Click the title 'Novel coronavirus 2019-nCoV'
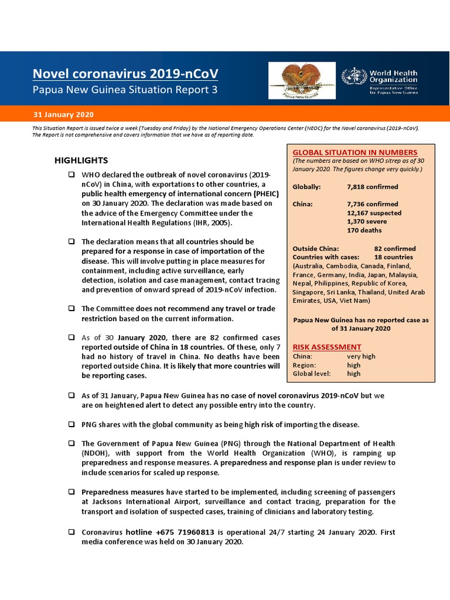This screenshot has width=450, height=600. (126, 74)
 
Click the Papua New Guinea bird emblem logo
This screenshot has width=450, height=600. (299, 81)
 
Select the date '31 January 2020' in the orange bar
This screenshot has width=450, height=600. (63, 114)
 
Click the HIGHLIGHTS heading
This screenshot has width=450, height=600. (81, 160)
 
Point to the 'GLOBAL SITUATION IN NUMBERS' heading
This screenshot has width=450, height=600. (355, 152)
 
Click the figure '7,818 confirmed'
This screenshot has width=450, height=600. (373, 187)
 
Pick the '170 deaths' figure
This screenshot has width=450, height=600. (365, 230)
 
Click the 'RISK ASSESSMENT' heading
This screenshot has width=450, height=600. (326, 347)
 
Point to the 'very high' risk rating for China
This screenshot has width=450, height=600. (361, 356)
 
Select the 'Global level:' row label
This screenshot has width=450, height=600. (312, 373)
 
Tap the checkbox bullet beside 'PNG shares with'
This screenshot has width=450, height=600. (71, 424)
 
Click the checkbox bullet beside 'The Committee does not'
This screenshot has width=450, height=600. (71, 309)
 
